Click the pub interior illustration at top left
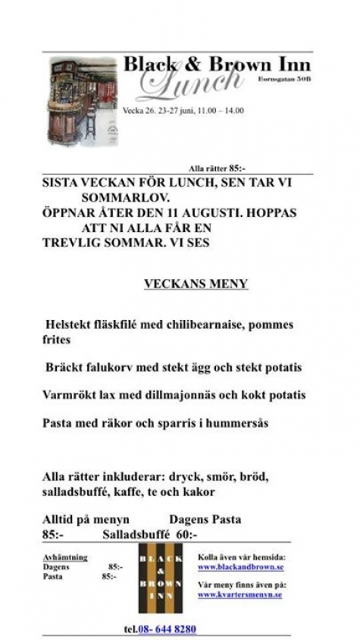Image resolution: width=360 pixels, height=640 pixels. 83,102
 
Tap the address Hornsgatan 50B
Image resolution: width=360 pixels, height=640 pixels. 285,78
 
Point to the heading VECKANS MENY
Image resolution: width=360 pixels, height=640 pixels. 196,284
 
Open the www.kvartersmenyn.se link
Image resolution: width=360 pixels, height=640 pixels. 240,595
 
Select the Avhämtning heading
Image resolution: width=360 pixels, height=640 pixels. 65,557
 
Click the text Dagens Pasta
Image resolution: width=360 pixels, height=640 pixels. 205,519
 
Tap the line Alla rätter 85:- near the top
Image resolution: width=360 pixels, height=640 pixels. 217,168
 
